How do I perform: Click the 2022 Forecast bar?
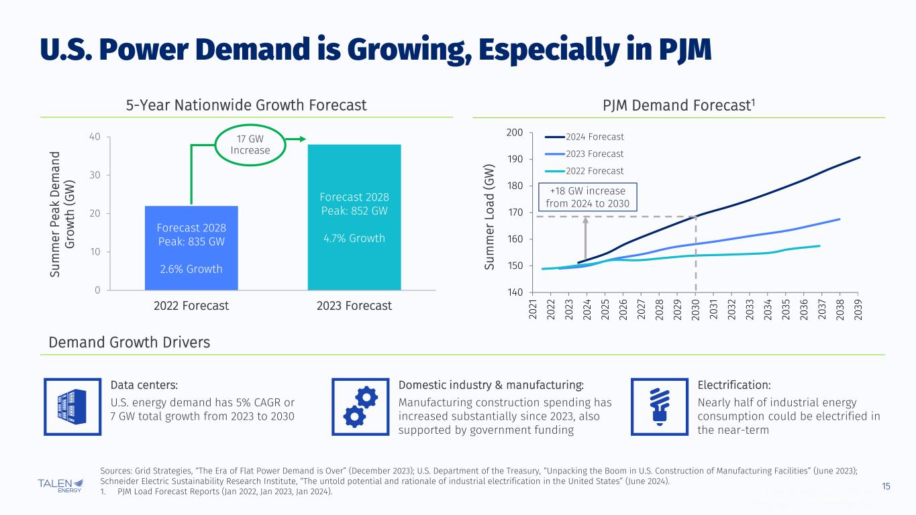(191, 247)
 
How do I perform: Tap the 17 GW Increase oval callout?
(250, 144)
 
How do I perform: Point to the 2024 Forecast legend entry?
(583, 137)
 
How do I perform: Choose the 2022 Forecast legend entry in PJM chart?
(583, 171)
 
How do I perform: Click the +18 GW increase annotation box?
(587, 197)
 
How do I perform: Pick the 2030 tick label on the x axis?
(696, 308)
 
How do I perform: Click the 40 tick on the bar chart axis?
(96, 137)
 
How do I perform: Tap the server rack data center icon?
(72, 406)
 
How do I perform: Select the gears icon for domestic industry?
(361, 406)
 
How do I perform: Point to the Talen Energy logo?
(61, 485)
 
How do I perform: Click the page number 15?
(886, 485)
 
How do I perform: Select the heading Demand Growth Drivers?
(130, 342)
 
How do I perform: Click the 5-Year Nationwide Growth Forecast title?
(246, 105)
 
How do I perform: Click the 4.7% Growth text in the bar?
(354, 238)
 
